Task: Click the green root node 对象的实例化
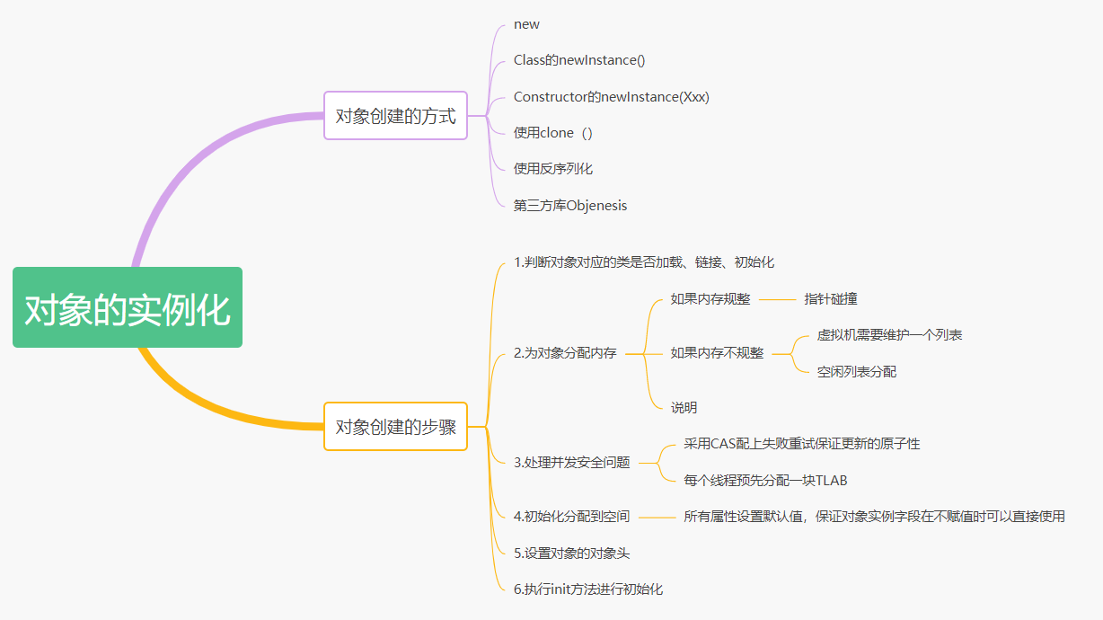[128, 307]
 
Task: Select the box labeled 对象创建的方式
[395, 116]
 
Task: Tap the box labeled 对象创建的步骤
[395, 427]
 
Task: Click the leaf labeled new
[526, 24]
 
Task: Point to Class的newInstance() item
[579, 60]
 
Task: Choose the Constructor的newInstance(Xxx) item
[611, 96]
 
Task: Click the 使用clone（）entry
[552, 133]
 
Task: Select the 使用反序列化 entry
[552, 169]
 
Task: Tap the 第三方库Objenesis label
[570, 206]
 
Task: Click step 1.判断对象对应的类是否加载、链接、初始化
[643, 262]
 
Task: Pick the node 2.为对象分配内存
[565, 353]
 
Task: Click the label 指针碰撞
[831, 299]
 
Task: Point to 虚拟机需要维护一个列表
[889, 335]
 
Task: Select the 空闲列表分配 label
[856, 371]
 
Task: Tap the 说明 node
[684, 408]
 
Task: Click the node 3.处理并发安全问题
[571, 463]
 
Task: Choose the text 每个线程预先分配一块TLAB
[765, 481]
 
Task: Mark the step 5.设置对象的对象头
[578, 554]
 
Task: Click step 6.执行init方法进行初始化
[587, 589]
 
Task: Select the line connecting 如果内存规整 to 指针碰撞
[777, 300]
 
